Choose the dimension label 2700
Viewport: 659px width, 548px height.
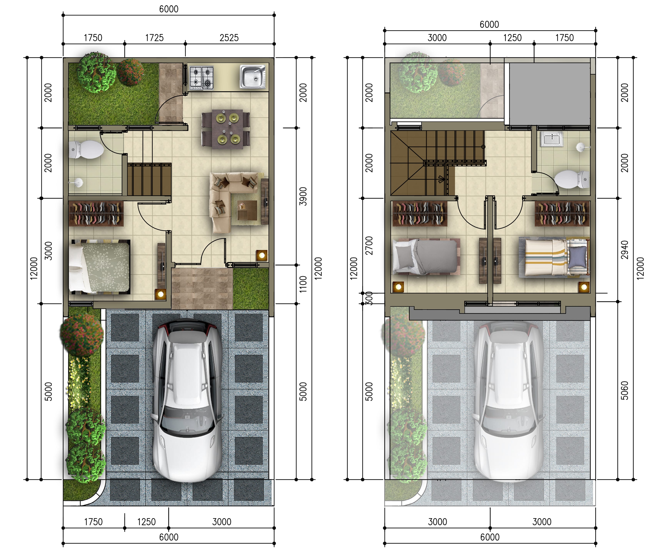369,246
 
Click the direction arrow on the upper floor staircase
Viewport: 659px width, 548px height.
441,180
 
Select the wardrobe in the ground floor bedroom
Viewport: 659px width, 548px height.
96,213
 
